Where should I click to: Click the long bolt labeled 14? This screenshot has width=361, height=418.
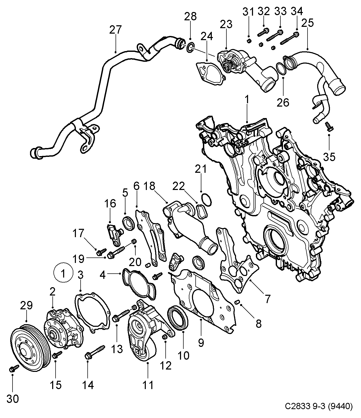[95, 352]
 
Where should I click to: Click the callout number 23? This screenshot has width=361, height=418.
[226, 24]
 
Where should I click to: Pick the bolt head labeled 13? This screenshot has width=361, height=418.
[116, 318]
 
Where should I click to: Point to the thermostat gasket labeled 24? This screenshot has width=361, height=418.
[210, 73]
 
